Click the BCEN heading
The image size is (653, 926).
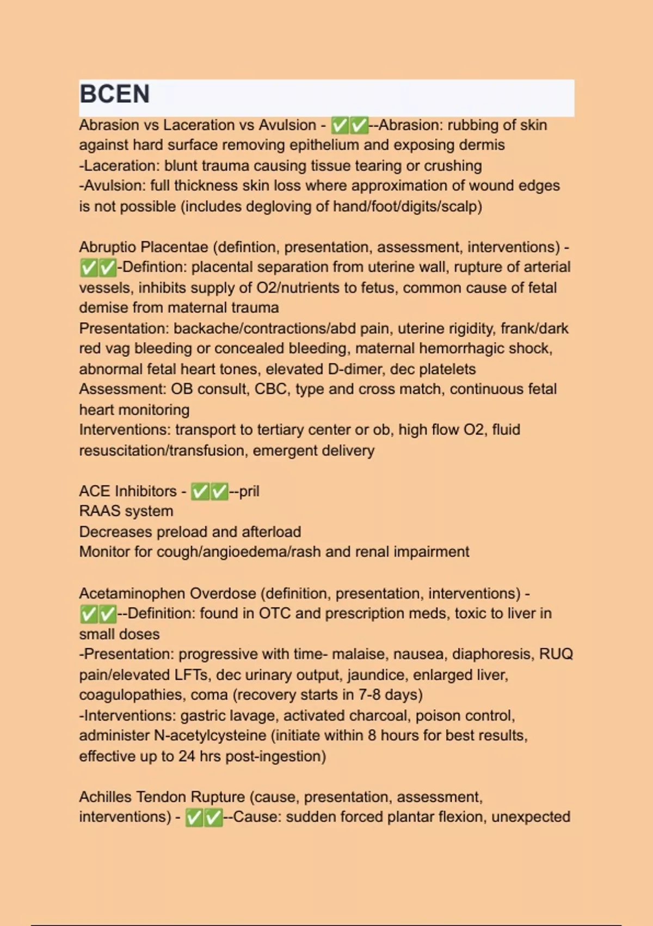pyautogui.click(x=114, y=94)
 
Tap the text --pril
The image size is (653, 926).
pyautogui.click(x=244, y=491)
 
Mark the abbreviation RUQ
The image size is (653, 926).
pyautogui.click(x=556, y=654)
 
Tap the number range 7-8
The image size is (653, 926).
pyautogui.click(x=355, y=695)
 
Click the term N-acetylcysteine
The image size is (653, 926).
pyautogui.click(x=210, y=735)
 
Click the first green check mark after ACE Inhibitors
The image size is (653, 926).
pyautogui.click(x=200, y=492)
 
